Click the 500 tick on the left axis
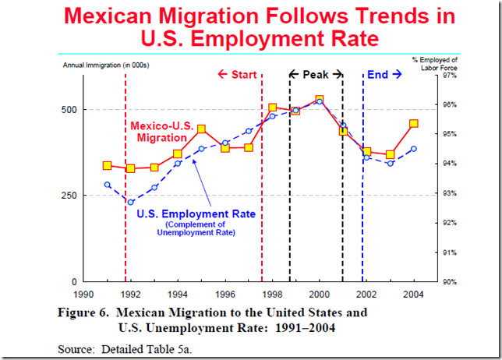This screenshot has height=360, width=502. click(69, 109)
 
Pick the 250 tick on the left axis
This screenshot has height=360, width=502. click(69, 196)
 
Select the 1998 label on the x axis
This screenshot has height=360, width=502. click(273, 295)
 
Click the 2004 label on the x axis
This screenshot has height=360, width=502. click(414, 295)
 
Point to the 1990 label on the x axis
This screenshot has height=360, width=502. click(83, 295)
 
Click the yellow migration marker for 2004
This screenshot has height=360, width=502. click(414, 123)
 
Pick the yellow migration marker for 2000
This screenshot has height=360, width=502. click(320, 100)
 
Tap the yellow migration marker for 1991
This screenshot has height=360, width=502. click(107, 165)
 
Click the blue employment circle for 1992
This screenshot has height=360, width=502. click(131, 202)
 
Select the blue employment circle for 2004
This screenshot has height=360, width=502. click(414, 149)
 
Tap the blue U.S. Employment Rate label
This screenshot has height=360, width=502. click(196, 214)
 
